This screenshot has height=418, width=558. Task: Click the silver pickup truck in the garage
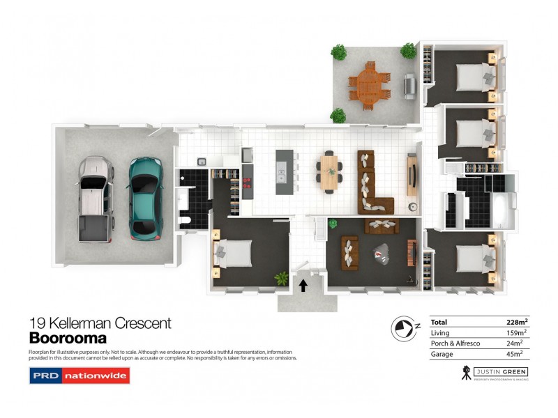(x=95, y=197)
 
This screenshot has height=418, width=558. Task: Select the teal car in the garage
(x=145, y=196)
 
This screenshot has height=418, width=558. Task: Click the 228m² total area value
(x=516, y=322)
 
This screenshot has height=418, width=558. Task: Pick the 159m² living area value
(x=517, y=333)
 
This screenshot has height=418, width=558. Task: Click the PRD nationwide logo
(x=79, y=376)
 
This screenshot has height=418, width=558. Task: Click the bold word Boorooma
(x=68, y=339)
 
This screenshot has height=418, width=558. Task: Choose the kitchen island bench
(x=281, y=171)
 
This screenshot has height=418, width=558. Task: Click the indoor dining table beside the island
(x=329, y=171)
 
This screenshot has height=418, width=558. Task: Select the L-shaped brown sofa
(x=372, y=183)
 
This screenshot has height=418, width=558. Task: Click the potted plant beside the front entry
(x=282, y=278)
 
